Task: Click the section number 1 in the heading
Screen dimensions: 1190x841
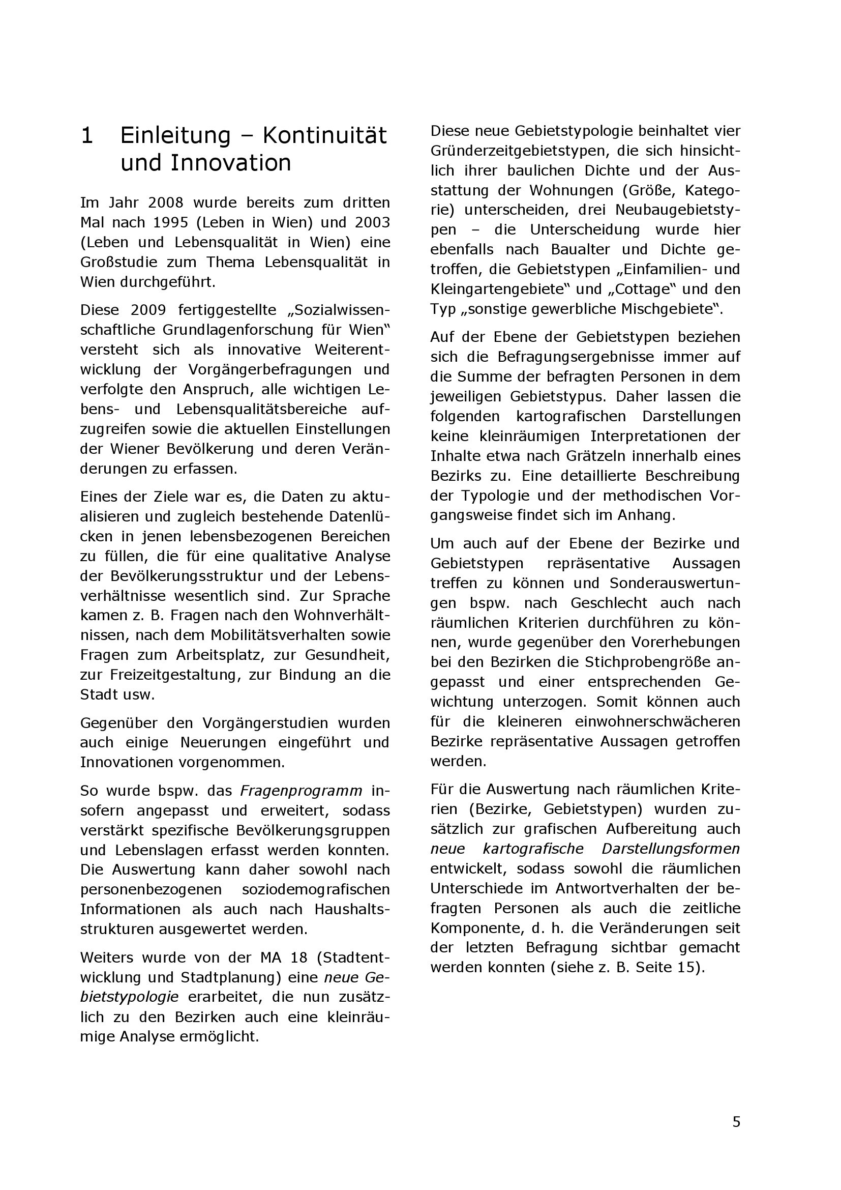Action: (x=87, y=136)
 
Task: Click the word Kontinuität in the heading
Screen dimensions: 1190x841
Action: (x=325, y=136)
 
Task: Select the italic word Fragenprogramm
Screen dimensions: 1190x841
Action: (x=302, y=791)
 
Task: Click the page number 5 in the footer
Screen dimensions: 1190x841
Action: (x=736, y=1122)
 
